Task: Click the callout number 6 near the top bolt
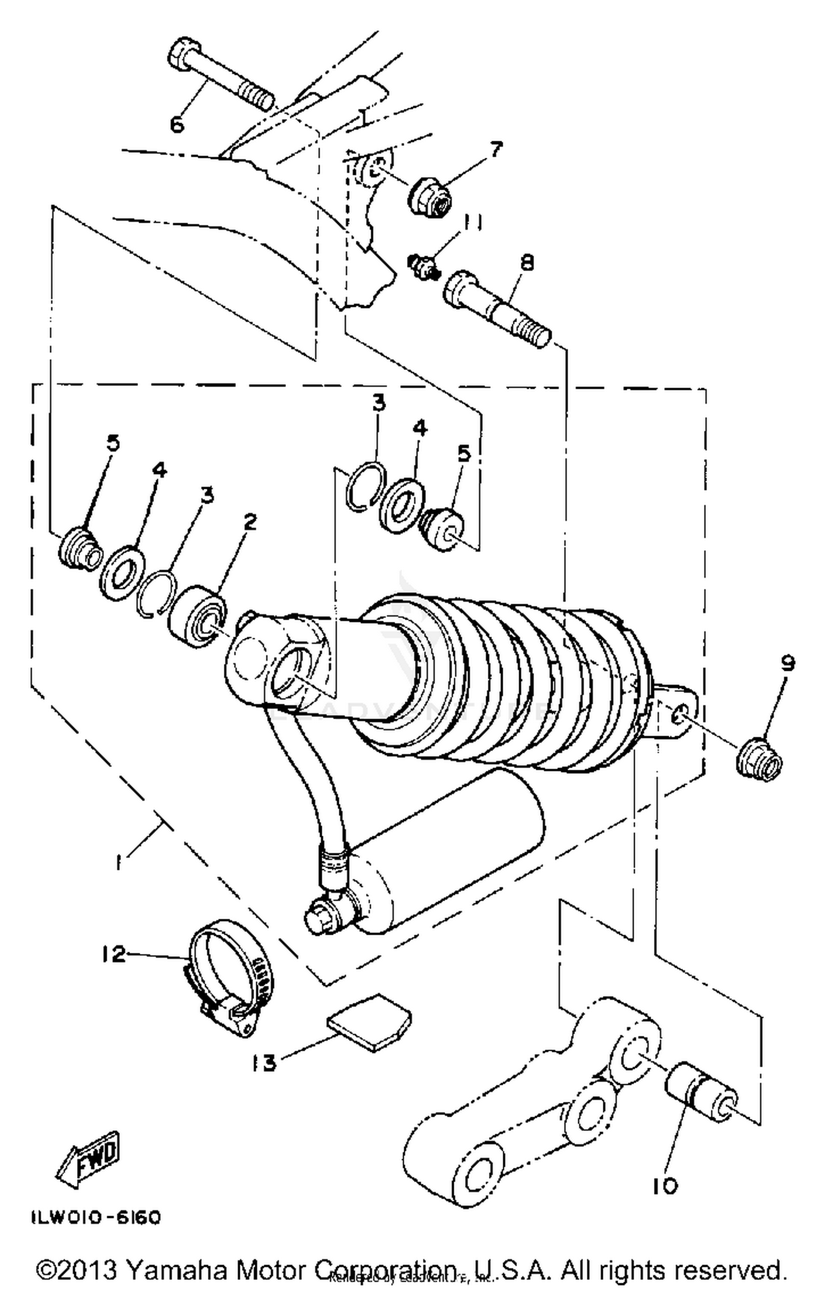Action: pos(177,124)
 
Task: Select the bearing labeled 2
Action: pos(197,617)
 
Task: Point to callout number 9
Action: pos(788,663)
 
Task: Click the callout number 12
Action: pos(114,954)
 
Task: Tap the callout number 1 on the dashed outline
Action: pos(118,862)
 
